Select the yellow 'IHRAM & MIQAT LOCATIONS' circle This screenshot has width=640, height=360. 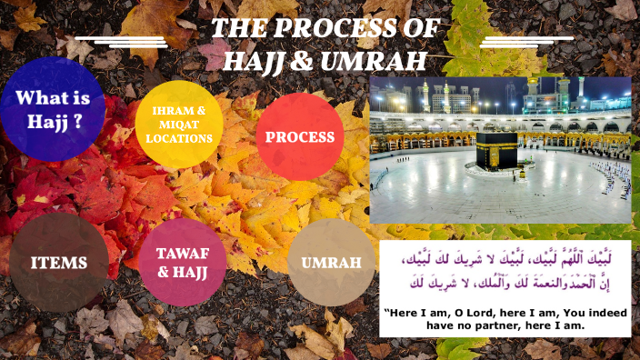tap(178, 125)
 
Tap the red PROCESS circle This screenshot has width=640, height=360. tap(299, 137)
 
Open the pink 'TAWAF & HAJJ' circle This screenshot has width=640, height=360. tap(183, 262)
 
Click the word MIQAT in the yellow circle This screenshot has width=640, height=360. tap(178, 125)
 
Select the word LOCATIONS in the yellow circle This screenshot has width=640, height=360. tap(178, 138)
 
